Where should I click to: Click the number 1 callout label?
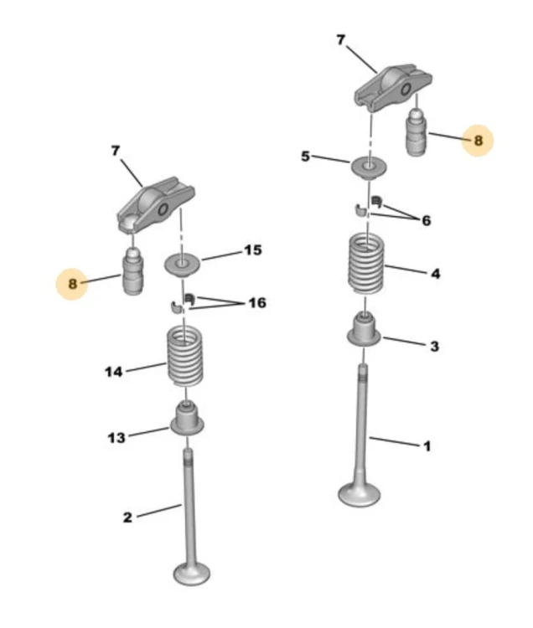[x=427, y=445]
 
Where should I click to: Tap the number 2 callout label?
[x=127, y=517]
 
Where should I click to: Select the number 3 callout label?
[x=434, y=346]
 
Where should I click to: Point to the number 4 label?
[x=435, y=274]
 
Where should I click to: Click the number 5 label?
[x=305, y=157]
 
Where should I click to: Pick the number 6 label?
[x=426, y=220]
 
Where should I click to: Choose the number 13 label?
[x=116, y=437]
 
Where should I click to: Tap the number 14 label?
[x=113, y=372]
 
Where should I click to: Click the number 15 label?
[x=253, y=250]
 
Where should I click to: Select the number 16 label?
[x=257, y=303]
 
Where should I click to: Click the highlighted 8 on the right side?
[x=478, y=141]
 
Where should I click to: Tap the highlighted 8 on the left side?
[x=72, y=284]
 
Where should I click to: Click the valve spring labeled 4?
[x=365, y=264]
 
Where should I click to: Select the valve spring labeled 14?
[x=184, y=357]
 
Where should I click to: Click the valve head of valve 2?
[x=192, y=573]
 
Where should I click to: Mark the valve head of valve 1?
[x=359, y=494]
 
